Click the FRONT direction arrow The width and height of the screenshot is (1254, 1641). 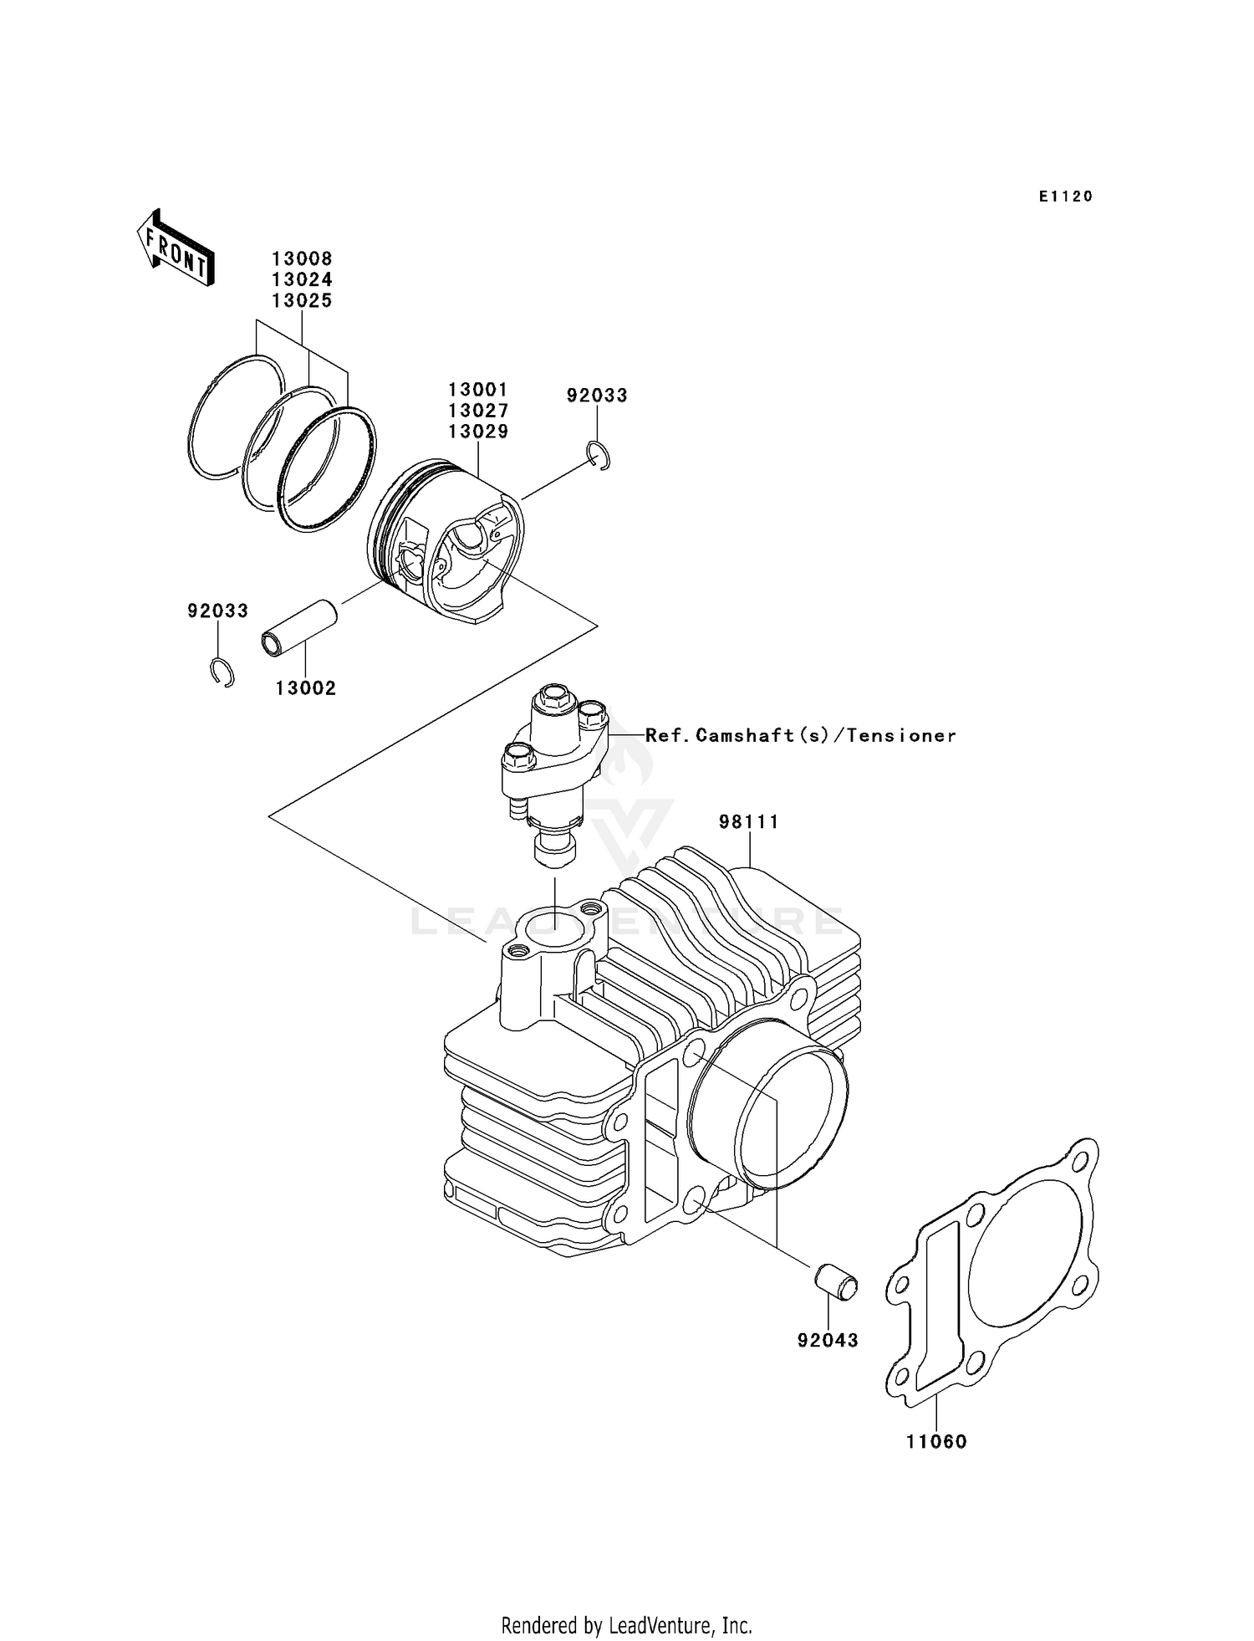pos(176,248)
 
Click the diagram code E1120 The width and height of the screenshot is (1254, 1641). pos(1065,197)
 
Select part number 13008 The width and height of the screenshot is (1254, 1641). pos(301,259)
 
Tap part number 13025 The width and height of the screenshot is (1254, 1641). pos(301,300)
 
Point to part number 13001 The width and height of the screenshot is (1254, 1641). pos(477,390)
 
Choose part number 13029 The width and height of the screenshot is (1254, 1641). pos(477,432)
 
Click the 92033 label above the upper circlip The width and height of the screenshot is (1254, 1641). pos(596,396)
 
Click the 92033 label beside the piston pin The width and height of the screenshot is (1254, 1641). pos(217,611)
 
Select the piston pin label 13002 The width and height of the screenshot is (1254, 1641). pos(305,688)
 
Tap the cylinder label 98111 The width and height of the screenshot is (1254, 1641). pos(748,822)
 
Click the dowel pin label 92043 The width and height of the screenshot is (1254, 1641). pos(828,1341)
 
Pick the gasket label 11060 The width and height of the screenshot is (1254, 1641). pos(935,1442)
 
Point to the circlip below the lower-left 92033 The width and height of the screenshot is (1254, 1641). pos(222,672)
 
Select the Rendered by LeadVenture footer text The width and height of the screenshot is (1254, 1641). pos(626,1625)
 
